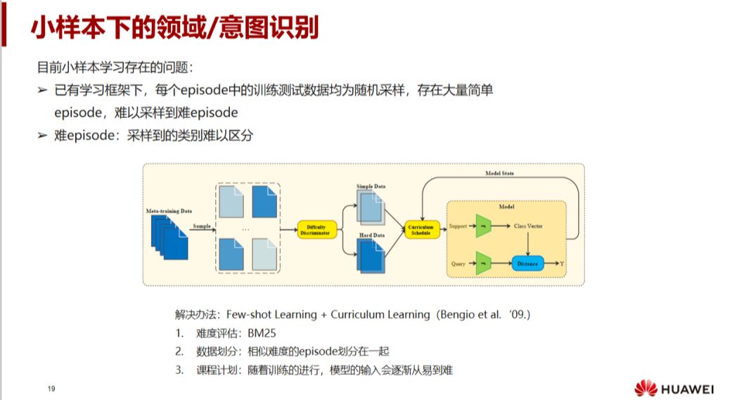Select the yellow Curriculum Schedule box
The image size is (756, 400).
tap(421, 229)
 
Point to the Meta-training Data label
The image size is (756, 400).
tap(169, 210)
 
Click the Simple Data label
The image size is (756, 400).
tap(371, 186)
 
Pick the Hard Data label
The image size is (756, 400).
tap(371, 235)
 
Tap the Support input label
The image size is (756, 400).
tap(458, 226)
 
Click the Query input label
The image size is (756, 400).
tap(458, 264)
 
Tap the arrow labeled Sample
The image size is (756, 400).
tap(203, 229)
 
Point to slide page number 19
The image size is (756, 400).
tap(51, 389)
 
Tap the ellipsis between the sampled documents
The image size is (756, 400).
tap(245, 229)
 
